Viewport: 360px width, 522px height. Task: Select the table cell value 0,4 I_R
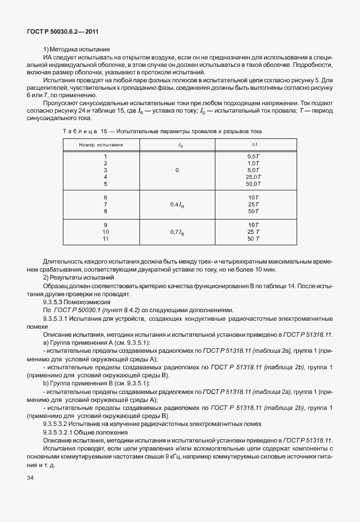[x=177, y=204]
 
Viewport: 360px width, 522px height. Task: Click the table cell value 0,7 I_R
[x=177, y=232]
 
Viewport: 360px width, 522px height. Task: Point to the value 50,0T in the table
[x=253, y=184]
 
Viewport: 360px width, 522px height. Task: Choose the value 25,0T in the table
[x=253, y=177]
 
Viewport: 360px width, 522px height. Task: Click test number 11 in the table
[x=105, y=238]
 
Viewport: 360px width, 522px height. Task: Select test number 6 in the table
[x=105, y=197]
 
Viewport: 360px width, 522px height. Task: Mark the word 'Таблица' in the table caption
[x=78, y=132]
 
